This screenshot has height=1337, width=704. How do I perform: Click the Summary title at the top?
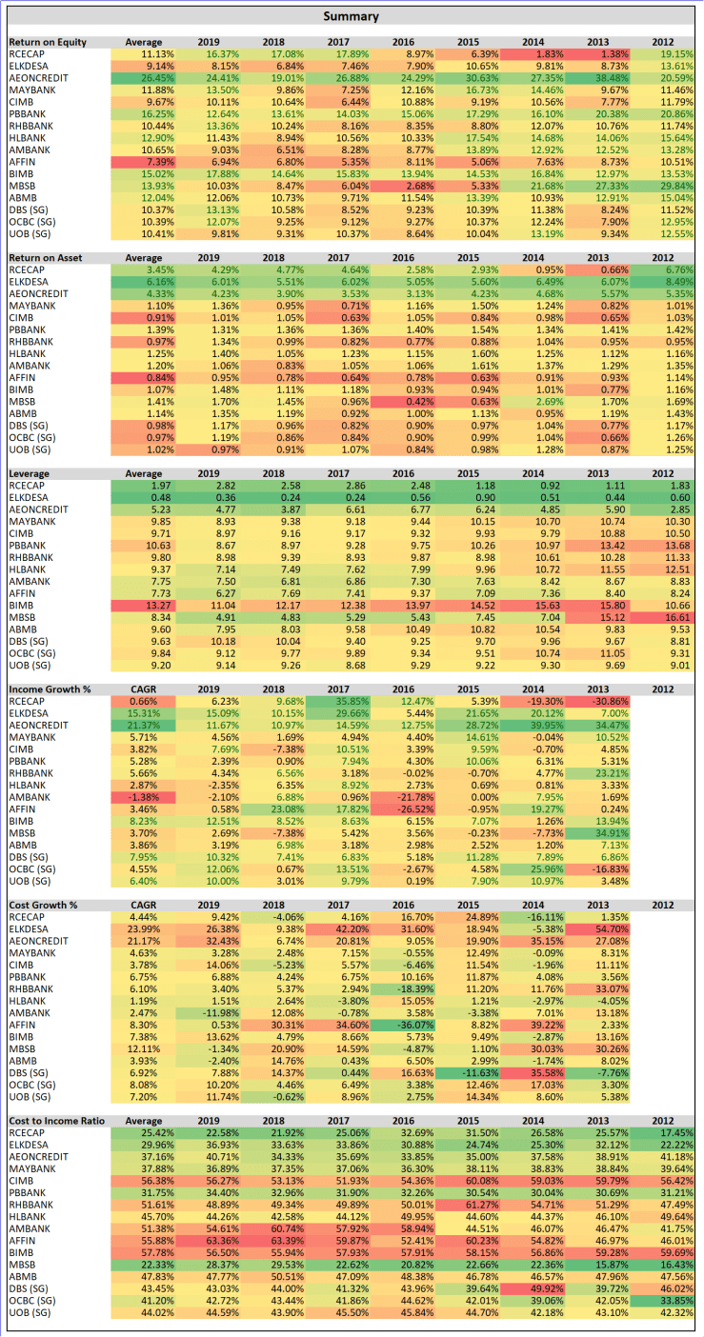pos(351,16)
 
